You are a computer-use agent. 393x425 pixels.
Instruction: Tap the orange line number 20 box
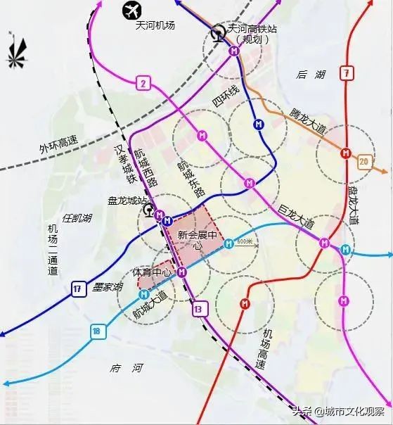[363, 161]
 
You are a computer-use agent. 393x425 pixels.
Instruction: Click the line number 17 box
[77, 287]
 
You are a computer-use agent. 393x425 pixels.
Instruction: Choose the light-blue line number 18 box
[96, 331]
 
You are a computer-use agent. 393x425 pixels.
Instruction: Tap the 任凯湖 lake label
[77, 218]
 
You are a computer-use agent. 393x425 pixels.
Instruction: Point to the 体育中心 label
[153, 272]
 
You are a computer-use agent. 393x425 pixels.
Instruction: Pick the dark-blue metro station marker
[259, 125]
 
